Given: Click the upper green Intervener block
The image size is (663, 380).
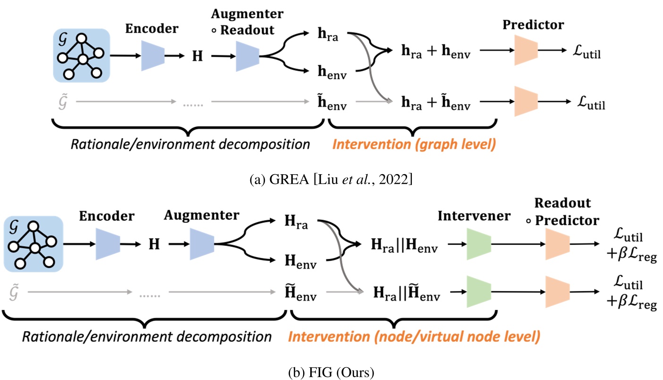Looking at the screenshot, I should [x=478, y=244].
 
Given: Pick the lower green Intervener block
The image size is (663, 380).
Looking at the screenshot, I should [x=478, y=292].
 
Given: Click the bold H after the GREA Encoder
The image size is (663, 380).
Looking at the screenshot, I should [x=197, y=57].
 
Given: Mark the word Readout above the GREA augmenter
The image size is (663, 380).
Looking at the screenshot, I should [x=249, y=30].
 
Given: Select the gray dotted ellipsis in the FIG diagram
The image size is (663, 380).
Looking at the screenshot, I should [x=151, y=295].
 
